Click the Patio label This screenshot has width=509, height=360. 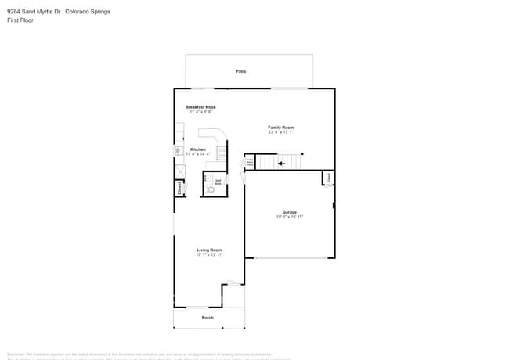click(x=241, y=71)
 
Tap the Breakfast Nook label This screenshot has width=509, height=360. click(x=200, y=107)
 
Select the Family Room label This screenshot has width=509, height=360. click(x=281, y=127)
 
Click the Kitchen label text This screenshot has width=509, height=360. click(x=199, y=149)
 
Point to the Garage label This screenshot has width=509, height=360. click(x=290, y=212)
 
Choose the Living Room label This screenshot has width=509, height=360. click(x=209, y=250)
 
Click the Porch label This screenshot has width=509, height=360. click(x=208, y=318)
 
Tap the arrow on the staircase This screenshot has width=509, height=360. click(x=282, y=164)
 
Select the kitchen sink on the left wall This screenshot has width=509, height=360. click(x=179, y=150)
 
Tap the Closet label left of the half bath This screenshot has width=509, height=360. click(x=179, y=188)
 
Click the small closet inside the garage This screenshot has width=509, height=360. click(x=329, y=178)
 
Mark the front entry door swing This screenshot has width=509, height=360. click(x=232, y=283)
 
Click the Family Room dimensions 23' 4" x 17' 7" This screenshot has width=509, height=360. click(x=281, y=131)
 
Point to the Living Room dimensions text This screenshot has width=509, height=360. click(x=209, y=255)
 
